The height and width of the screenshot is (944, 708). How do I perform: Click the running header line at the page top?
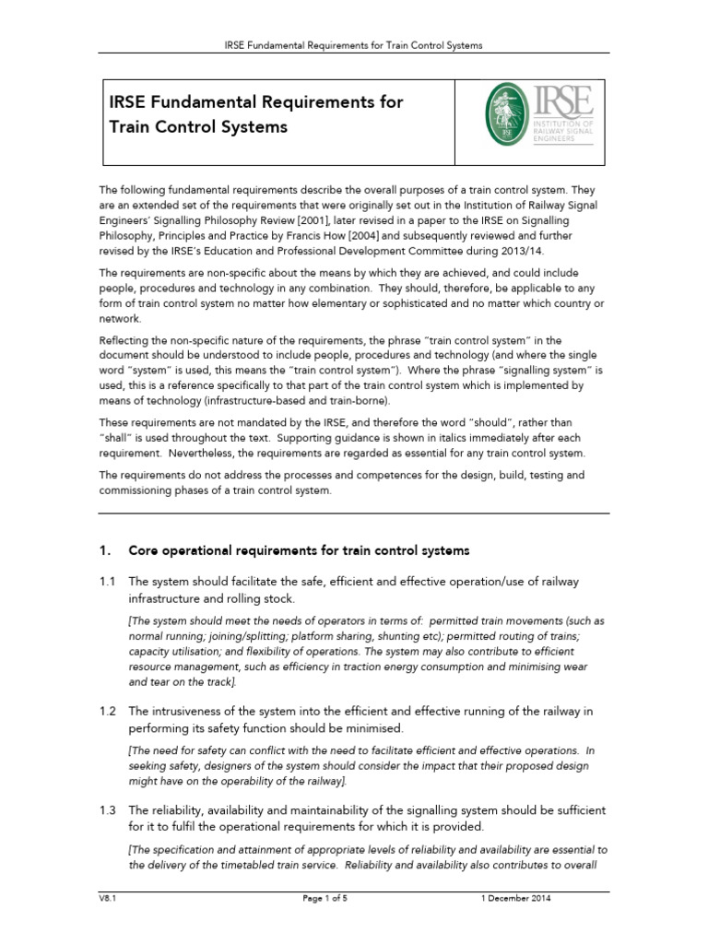point(354,44)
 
